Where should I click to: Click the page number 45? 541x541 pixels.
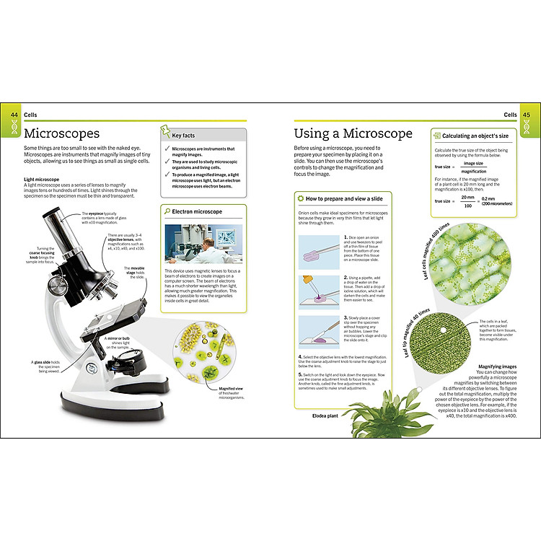pyautogui.click(x=527, y=115)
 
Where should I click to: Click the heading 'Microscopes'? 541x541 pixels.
pyautogui.click(x=61, y=133)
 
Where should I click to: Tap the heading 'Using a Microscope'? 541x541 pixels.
pyautogui.click(x=353, y=133)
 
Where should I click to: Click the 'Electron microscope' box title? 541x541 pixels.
pyautogui.click(x=198, y=212)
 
